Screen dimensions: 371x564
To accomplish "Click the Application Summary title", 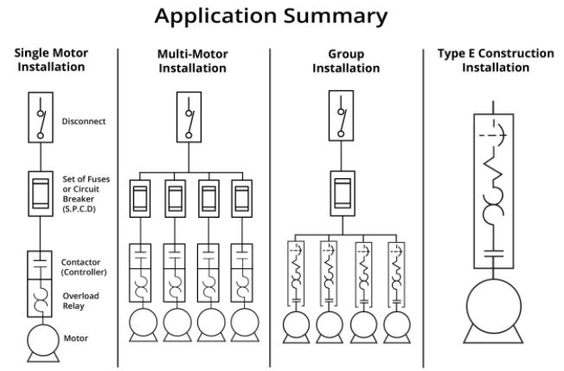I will pos(281,16).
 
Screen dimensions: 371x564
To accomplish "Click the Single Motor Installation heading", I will pos(53,61).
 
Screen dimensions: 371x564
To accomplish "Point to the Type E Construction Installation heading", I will pos(496,61).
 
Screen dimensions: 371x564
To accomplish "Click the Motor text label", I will pos(76,338).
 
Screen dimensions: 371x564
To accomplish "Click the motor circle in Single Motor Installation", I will pos(40,341).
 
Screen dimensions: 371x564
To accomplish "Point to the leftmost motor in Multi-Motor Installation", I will pos(140,324).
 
